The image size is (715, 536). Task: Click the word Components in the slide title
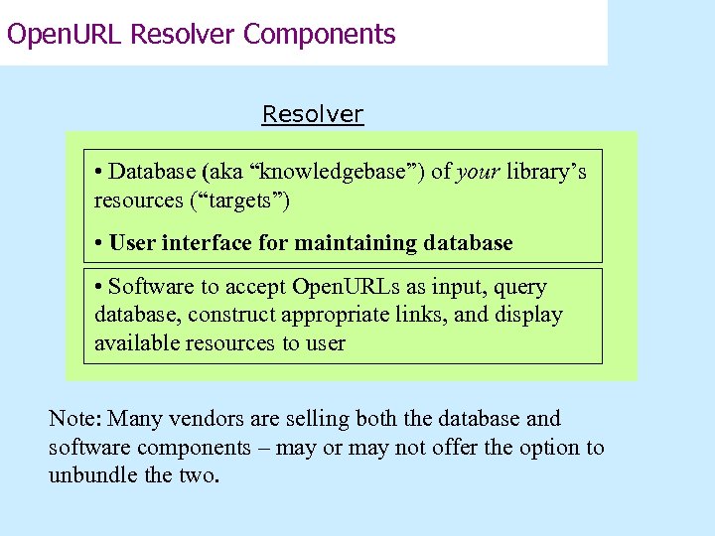pyautogui.click(x=320, y=35)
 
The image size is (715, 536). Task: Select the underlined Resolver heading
pyautogui.click(x=313, y=114)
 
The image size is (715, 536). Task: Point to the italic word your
pyautogui.click(x=479, y=172)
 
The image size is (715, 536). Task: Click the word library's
pyautogui.click(x=547, y=172)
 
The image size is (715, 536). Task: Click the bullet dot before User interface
pyautogui.click(x=99, y=242)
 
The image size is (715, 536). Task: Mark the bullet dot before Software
pyautogui.click(x=99, y=287)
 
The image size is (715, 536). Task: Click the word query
pyautogui.click(x=519, y=287)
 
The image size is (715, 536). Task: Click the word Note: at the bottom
pyautogui.click(x=76, y=419)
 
